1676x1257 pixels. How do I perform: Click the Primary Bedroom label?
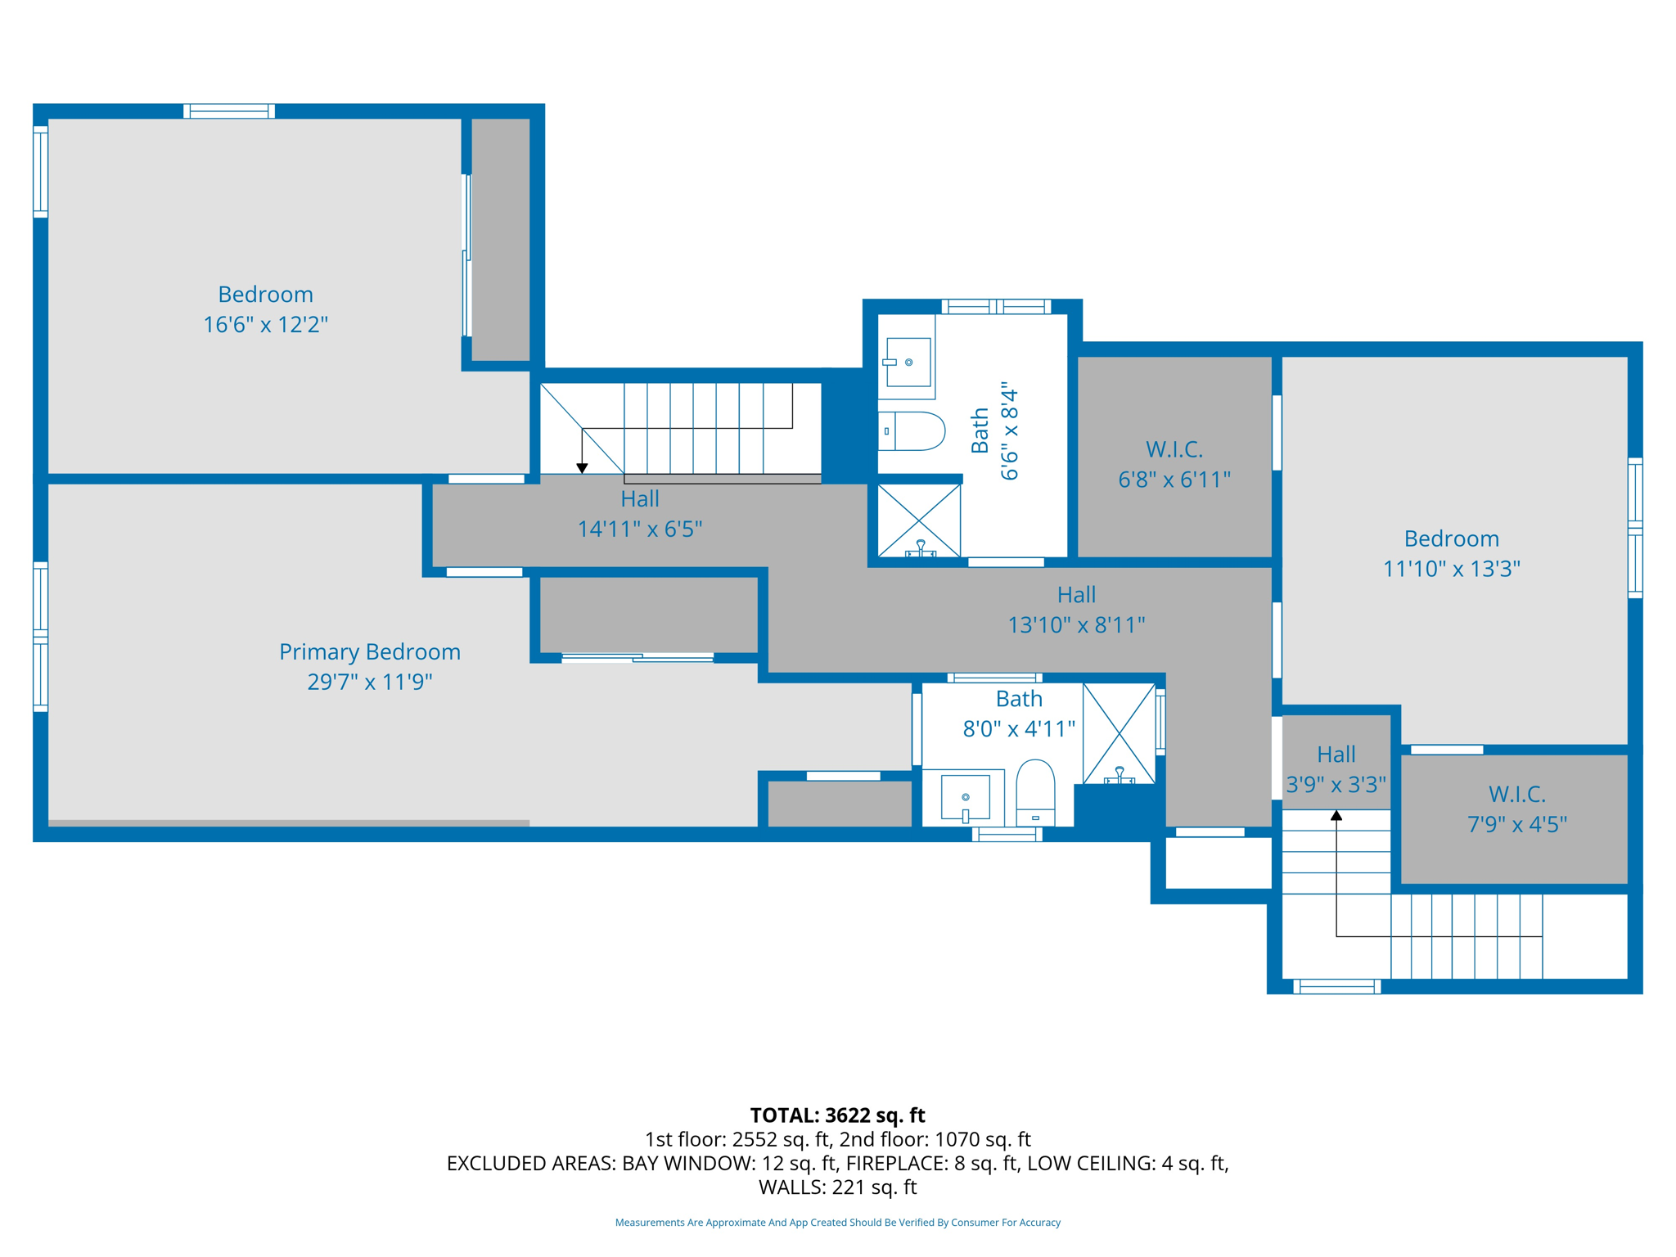[x=370, y=651]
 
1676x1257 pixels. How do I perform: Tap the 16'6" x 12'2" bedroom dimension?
[x=265, y=325]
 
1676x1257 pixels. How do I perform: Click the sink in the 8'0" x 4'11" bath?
[x=966, y=797]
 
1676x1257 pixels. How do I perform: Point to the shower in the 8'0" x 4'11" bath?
[x=1119, y=733]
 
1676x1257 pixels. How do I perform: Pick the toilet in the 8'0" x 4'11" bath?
[x=1035, y=792]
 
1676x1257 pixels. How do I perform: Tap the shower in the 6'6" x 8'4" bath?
[x=919, y=520]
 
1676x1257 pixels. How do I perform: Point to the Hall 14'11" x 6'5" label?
[x=640, y=514]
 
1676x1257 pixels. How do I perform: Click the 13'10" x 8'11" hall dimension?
[x=1076, y=625]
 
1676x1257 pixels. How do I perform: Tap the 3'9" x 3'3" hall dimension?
[x=1336, y=785]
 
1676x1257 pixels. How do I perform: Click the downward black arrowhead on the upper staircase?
[x=582, y=468]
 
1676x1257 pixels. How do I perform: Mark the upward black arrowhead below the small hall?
[x=1336, y=815]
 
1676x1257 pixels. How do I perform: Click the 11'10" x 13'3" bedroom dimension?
[x=1452, y=569]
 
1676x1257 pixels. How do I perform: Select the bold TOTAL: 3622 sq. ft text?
[x=838, y=1115]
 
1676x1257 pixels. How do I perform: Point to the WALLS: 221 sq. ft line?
[x=838, y=1187]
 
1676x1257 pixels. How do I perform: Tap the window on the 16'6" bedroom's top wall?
[x=229, y=111]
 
